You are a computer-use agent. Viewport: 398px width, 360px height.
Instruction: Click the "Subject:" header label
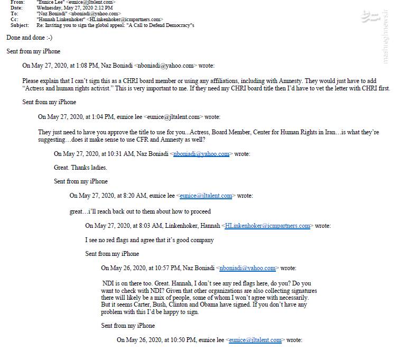[20, 25]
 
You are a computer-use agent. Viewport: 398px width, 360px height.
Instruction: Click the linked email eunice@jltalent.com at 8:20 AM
[206, 196]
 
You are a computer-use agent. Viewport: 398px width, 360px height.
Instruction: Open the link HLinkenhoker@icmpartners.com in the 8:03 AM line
[267, 226]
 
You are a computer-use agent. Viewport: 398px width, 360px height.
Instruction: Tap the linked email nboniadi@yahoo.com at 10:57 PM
[247, 268]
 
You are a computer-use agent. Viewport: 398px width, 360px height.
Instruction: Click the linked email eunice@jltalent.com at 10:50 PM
[255, 340]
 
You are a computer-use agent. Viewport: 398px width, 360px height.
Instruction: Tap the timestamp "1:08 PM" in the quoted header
[76, 66]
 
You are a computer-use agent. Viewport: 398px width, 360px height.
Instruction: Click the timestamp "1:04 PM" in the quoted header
[92, 117]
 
